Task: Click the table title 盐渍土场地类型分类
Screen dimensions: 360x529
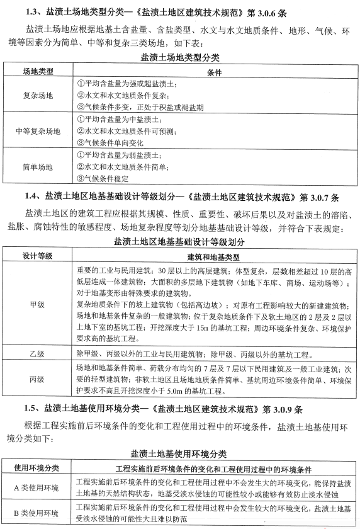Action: pos(179,57)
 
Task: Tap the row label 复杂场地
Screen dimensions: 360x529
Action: pos(38,95)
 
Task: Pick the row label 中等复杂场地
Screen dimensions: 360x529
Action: pos(38,131)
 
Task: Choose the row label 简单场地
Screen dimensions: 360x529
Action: pos(38,167)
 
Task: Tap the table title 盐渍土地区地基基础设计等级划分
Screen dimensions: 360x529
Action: pos(179,241)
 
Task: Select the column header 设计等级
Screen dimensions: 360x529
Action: pos(37,256)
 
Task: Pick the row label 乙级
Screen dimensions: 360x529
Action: pos(37,354)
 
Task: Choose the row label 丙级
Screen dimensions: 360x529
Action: pos(37,379)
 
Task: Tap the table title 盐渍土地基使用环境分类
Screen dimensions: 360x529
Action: pos(179,453)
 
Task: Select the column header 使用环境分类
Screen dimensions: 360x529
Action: pos(37,469)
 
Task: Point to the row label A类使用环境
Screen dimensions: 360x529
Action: pos(37,487)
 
